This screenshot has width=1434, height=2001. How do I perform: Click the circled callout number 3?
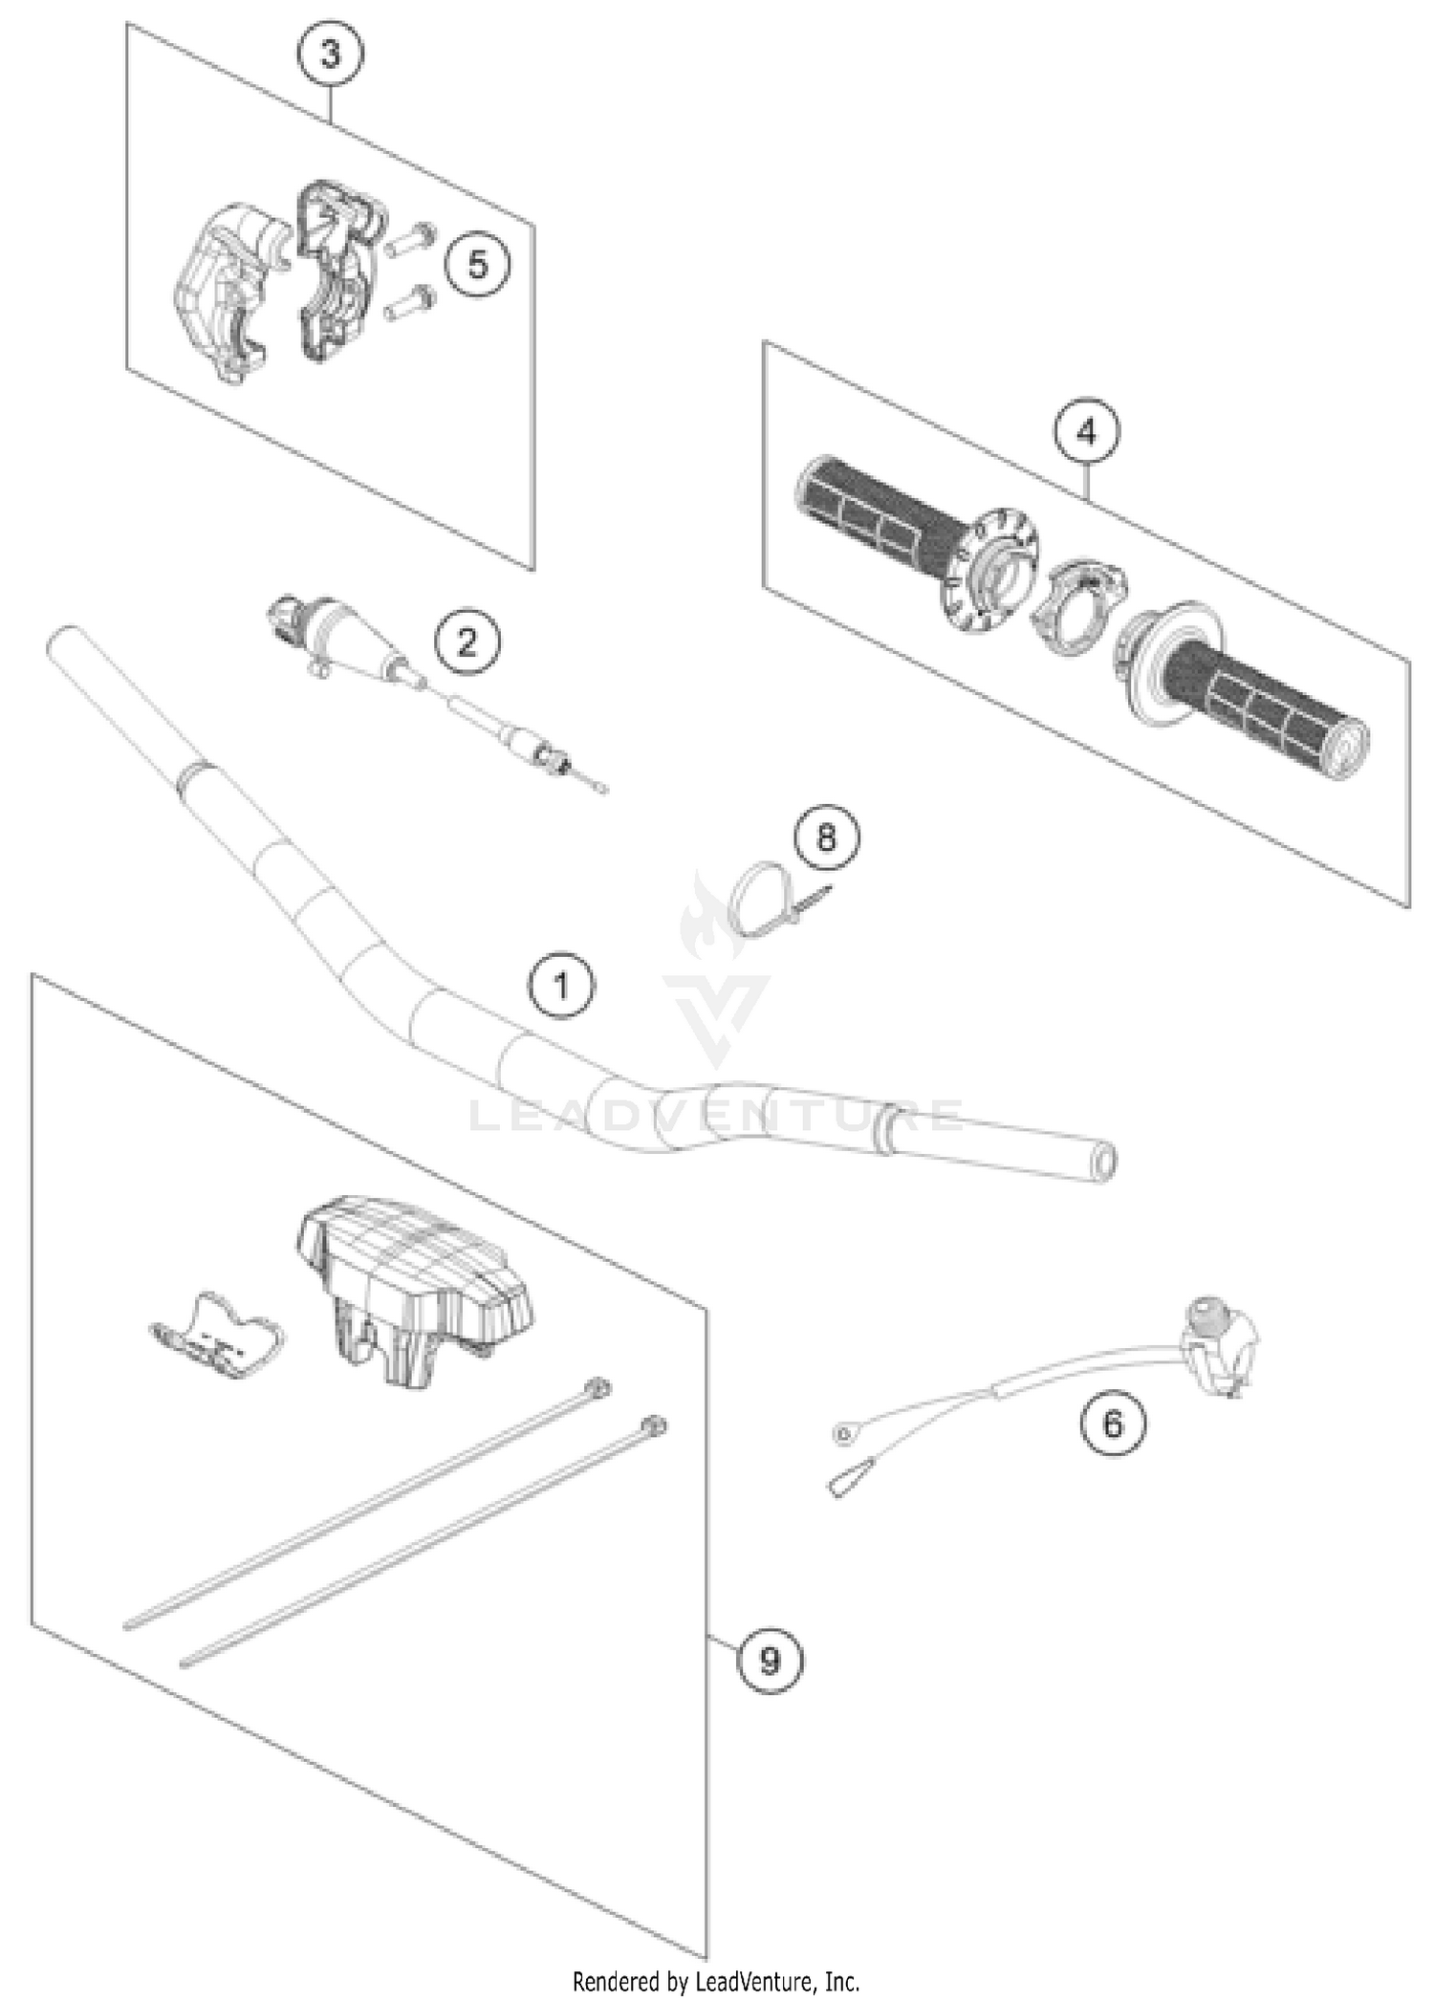click(330, 54)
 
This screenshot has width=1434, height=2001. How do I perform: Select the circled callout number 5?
click(477, 264)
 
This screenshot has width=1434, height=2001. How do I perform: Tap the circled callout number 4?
click(1087, 433)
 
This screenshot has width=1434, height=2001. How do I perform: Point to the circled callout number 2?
click(467, 642)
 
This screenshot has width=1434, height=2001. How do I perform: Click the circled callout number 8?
click(826, 838)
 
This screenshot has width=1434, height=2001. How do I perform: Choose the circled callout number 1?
click(561, 985)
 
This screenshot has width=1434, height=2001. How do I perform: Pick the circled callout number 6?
click(1113, 1425)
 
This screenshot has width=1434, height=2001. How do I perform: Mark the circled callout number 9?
click(770, 1661)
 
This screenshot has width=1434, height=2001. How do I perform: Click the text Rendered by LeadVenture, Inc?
click(716, 1981)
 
